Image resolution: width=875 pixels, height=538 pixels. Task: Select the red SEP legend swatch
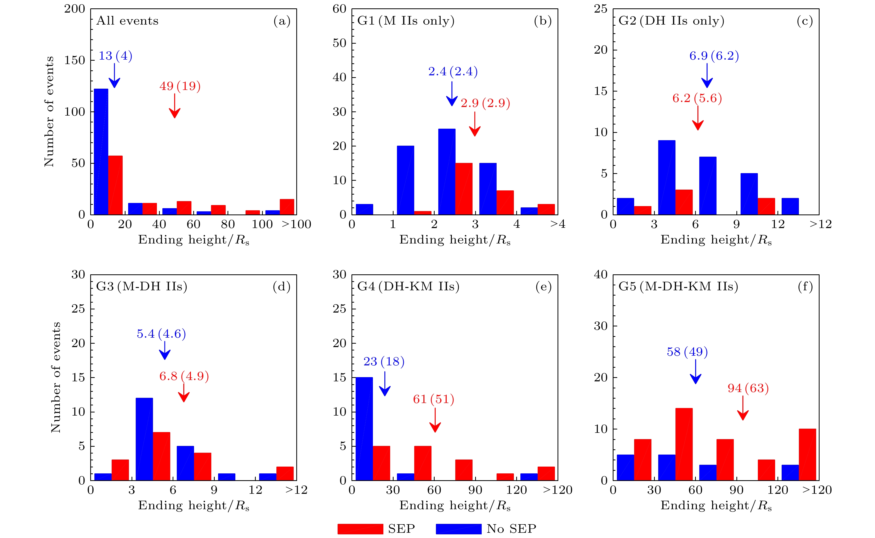(x=360, y=529)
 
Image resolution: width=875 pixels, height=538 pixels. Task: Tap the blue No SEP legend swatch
(x=458, y=529)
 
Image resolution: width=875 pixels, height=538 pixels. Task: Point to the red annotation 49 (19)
(x=180, y=86)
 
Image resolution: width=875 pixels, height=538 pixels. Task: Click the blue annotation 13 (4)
(x=115, y=56)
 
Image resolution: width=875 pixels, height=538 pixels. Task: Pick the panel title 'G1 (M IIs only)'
(x=406, y=21)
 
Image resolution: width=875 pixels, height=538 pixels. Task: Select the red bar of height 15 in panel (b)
(x=464, y=189)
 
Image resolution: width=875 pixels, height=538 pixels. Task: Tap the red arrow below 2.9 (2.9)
(x=475, y=124)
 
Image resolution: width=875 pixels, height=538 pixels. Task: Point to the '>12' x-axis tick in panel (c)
(x=821, y=224)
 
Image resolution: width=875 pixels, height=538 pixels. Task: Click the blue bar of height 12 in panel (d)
(x=144, y=439)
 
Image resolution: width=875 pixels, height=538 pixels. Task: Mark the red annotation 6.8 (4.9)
(x=184, y=376)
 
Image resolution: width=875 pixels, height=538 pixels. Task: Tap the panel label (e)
(x=543, y=286)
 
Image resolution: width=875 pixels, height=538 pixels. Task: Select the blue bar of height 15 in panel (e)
(x=364, y=429)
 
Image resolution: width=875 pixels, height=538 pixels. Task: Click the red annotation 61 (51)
(x=434, y=399)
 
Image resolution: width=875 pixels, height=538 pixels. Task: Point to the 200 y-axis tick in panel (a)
(x=75, y=9)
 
